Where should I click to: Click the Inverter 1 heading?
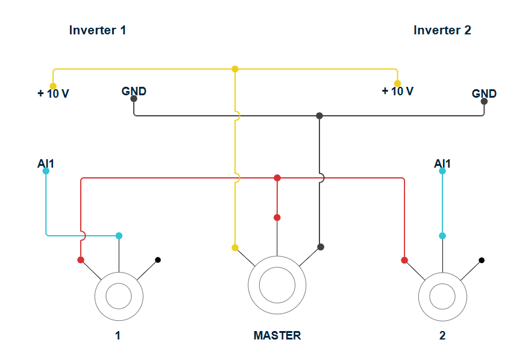click(98, 30)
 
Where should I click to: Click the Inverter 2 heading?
click(442, 30)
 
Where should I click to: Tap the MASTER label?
click(277, 335)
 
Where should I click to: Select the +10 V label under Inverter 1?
click(53, 93)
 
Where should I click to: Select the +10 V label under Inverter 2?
click(398, 91)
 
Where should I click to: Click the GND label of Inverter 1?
click(134, 91)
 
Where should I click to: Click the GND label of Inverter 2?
click(484, 93)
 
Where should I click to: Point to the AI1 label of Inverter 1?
click(46, 163)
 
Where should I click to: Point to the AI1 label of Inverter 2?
click(442, 163)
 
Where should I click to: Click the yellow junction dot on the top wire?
click(235, 69)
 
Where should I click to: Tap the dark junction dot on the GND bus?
click(319, 116)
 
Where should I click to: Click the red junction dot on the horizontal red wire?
click(277, 178)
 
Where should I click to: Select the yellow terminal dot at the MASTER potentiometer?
click(235, 248)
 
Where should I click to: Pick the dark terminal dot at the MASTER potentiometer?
click(321, 247)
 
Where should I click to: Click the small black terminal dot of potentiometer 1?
click(158, 260)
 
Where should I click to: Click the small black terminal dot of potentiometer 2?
click(482, 260)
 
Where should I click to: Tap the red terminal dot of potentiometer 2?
click(404, 260)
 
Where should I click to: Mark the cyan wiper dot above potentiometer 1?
click(119, 236)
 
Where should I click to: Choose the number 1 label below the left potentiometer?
click(118, 335)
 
